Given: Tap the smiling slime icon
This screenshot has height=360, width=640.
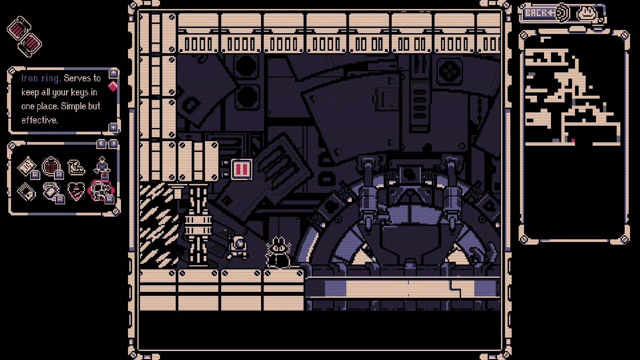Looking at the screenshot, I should tap(587, 13).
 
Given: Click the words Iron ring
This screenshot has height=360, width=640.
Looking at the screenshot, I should tap(41, 78).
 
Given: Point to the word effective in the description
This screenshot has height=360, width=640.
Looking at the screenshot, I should tap(40, 120).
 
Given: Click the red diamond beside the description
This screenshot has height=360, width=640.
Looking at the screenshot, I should tap(113, 86).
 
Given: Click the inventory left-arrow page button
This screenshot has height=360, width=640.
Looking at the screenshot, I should tap(101, 143).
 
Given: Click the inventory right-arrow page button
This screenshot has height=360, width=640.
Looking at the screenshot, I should tap(113, 143).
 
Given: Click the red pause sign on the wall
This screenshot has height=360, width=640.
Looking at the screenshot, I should tap(241, 169).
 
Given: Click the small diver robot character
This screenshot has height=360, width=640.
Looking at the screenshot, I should tap(238, 247).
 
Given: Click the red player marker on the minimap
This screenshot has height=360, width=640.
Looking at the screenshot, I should tap(573, 141).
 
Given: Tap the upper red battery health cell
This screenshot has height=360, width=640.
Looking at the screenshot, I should tap(19, 28).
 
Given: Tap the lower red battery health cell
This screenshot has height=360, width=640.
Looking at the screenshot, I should tap(31, 43).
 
